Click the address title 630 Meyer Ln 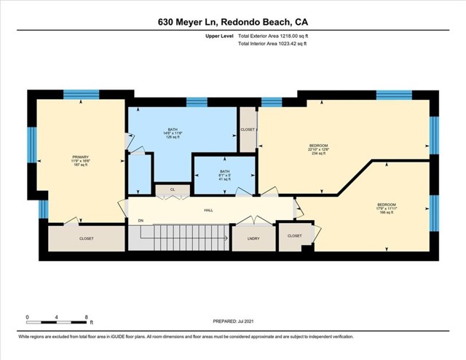[232, 22]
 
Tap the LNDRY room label [253, 238]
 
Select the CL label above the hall [172, 190]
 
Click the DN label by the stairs [141, 220]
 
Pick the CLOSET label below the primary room [87, 238]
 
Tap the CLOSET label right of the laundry [295, 236]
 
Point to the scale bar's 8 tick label [86, 318]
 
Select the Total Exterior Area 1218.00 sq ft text [272, 34]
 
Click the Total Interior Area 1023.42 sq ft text [272, 44]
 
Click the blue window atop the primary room [76, 94]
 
